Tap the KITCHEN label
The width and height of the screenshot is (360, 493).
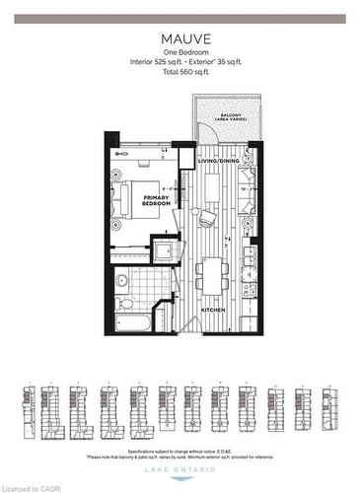(215, 310)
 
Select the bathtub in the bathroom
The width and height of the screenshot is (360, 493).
(132, 323)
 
